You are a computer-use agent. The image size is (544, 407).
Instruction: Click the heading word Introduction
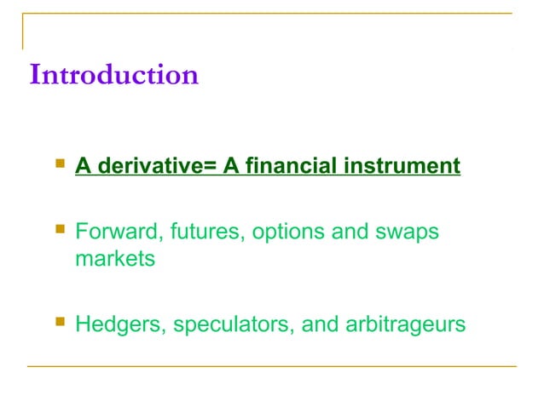(x=113, y=75)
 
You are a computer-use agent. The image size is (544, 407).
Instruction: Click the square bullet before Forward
(x=59, y=227)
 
